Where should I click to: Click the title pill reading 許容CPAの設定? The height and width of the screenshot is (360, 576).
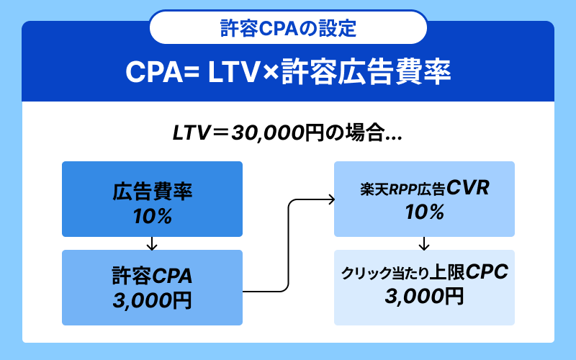coord(288,28)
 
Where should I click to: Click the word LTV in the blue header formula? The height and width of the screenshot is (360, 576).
coord(233,72)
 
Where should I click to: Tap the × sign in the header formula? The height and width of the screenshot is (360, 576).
coord(271,73)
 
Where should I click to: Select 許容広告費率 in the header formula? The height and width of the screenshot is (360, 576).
coord(366,72)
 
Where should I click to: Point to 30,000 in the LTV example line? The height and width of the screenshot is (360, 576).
coord(267,133)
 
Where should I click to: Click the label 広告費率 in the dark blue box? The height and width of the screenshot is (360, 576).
coord(152,192)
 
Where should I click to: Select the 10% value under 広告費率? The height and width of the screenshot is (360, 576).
coord(152,217)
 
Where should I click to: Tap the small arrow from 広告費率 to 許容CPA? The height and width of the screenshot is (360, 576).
coord(152,243)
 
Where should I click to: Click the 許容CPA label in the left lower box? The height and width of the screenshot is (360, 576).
coord(152,276)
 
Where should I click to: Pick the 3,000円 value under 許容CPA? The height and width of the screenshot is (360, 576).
coord(152,300)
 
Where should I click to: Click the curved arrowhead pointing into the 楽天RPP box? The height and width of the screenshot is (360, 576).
coord(330,199)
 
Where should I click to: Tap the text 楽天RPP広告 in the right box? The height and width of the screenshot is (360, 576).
coord(402,189)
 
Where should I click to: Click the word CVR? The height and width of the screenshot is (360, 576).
coord(467,188)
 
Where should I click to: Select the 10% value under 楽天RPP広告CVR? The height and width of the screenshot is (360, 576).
coord(424,212)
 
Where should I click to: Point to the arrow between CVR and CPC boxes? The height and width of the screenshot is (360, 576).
coord(424,243)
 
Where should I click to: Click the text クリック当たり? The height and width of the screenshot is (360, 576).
coord(385,274)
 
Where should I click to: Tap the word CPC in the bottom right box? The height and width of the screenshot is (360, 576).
coord(487,272)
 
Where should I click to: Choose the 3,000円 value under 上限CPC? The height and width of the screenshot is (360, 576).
coord(424,296)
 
